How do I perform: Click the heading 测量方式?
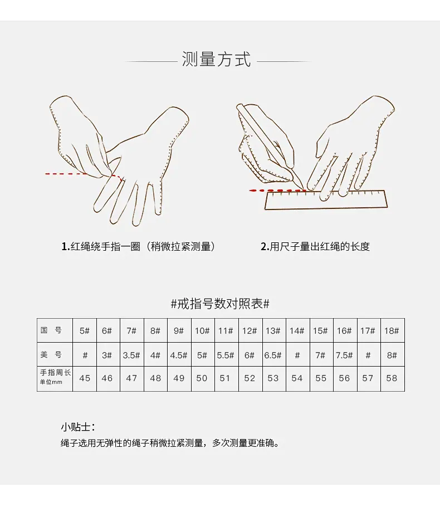tap(216, 60)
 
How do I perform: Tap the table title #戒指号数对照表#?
tap(220, 304)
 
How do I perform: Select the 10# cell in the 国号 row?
tap(202, 331)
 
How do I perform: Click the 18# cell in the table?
tap(392, 331)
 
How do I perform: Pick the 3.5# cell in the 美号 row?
tap(131, 355)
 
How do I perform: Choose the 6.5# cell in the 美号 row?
tap(273, 355)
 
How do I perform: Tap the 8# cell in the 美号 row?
tap(392, 355)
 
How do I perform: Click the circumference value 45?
tap(85, 378)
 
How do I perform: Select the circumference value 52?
tap(250, 378)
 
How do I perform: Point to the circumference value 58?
tap(392, 378)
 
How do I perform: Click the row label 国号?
tap(51, 330)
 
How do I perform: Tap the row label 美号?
tap(51, 355)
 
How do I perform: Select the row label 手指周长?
tap(55, 373)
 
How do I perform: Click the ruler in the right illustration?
tap(326, 200)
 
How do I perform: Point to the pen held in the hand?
tap(270, 145)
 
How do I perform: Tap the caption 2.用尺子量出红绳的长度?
tap(315, 247)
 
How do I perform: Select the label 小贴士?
tap(77, 427)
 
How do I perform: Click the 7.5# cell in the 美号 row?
tap(344, 355)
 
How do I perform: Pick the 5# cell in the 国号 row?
tap(84, 331)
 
